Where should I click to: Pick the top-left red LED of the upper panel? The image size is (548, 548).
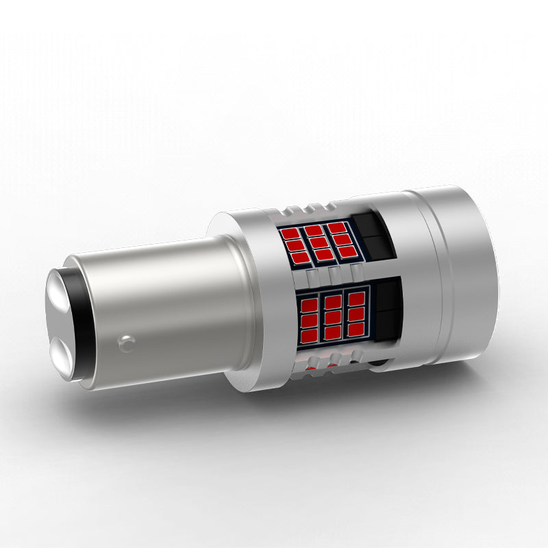(x=291, y=234)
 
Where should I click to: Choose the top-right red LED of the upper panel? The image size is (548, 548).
(x=336, y=227)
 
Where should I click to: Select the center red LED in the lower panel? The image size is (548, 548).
(x=332, y=317)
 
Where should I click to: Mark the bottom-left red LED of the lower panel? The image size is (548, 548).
(x=310, y=335)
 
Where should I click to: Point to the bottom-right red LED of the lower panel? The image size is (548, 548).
(x=356, y=329)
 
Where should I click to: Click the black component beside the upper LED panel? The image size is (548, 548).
(x=373, y=234)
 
